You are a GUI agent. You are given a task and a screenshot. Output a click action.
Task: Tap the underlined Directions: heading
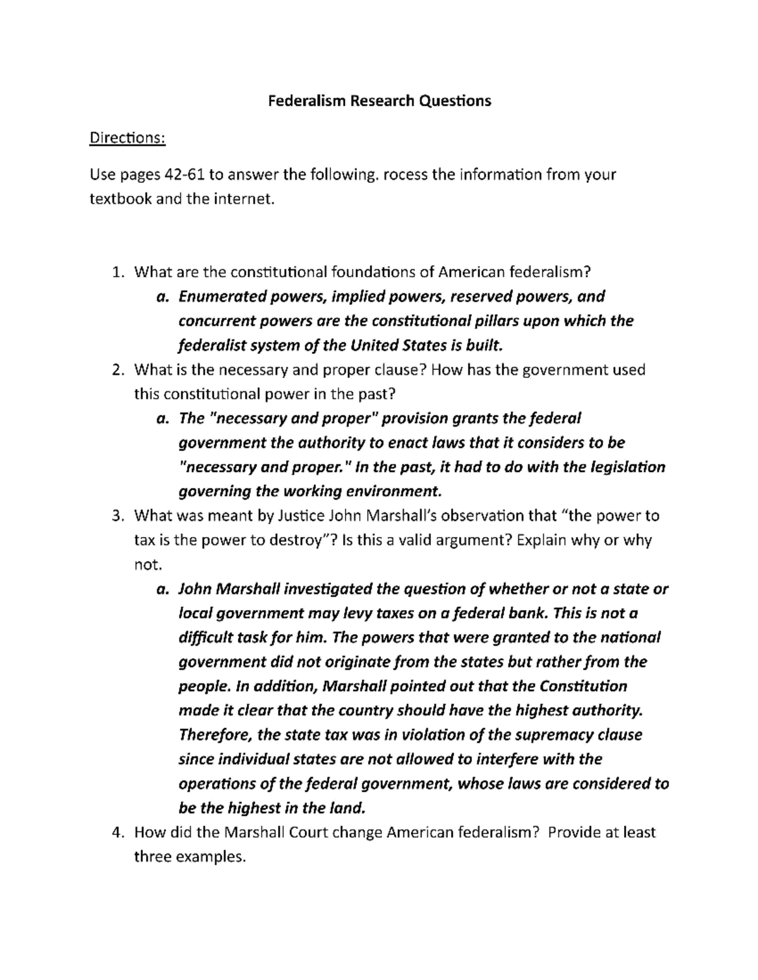pos(127,138)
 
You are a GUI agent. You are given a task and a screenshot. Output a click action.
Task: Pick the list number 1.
pos(117,272)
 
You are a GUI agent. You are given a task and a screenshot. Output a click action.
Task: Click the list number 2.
pos(117,370)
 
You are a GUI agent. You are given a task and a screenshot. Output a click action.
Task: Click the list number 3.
pos(117,516)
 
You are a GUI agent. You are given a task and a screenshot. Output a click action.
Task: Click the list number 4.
pos(117,833)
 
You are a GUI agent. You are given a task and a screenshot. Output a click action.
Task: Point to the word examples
pos(209,858)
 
